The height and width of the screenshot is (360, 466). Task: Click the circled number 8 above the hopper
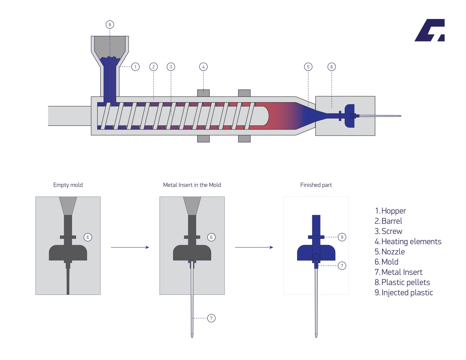click(x=110, y=25)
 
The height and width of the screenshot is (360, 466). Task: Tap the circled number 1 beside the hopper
click(x=135, y=67)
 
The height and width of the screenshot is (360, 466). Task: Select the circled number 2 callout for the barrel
click(x=153, y=67)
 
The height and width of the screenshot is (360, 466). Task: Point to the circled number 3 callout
click(x=171, y=67)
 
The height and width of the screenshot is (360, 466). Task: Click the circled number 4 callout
click(x=203, y=67)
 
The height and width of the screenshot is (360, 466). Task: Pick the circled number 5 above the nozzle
click(x=308, y=67)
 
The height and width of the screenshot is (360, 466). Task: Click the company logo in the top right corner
click(x=430, y=30)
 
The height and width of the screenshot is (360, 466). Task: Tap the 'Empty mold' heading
click(x=68, y=185)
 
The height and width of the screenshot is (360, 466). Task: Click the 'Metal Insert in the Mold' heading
click(x=192, y=185)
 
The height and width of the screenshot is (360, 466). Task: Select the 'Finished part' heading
click(x=316, y=185)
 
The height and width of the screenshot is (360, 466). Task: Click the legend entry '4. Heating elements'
click(x=408, y=242)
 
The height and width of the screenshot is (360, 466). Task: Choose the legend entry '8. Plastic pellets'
click(x=402, y=283)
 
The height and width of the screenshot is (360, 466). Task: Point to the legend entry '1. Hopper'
click(x=390, y=211)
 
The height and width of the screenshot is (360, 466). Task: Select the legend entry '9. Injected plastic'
click(x=404, y=293)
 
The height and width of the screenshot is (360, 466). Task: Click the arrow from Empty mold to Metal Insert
click(x=130, y=247)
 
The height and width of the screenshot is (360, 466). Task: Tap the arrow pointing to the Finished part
click(x=254, y=247)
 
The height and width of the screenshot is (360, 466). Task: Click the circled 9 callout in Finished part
click(x=342, y=237)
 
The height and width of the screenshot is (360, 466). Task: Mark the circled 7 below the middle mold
click(x=211, y=318)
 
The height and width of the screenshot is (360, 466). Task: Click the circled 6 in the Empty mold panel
click(x=87, y=237)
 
